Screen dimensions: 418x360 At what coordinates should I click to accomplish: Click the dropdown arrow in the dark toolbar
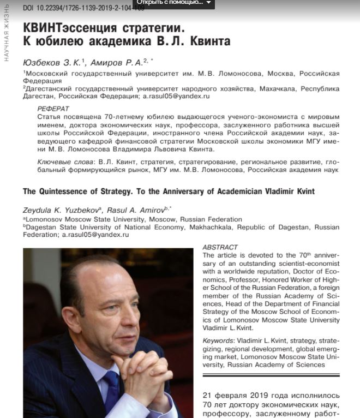click(x=208, y=3)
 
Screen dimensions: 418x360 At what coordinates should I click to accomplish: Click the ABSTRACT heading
click(x=220, y=247)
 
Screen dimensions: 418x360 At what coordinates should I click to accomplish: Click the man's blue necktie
click(x=112, y=391)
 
